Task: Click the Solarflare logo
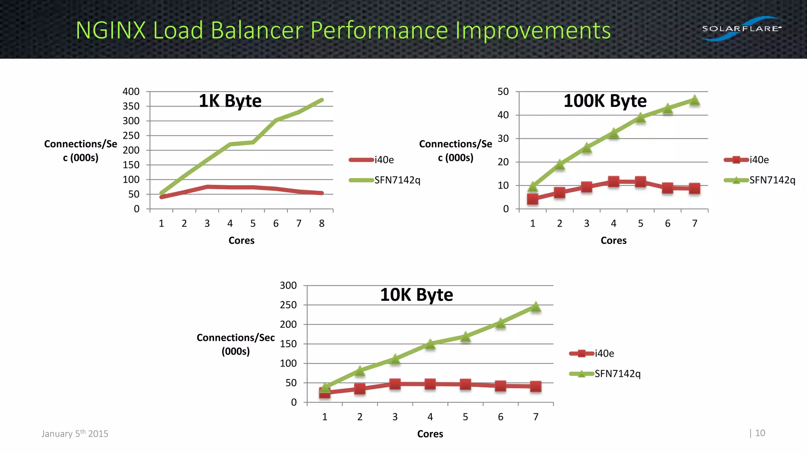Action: coord(741,29)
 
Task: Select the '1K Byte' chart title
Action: coord(230,101)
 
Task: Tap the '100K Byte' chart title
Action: coord(605,101)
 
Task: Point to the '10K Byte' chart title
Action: coord(417,295)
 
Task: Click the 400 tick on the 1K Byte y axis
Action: coord(131,91)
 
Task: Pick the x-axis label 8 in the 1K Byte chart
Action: coord(322,223)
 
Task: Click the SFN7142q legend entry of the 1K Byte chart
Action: coord(397,180)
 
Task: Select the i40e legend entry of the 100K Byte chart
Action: coord(759,160)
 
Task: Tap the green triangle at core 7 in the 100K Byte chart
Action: coord(695,100)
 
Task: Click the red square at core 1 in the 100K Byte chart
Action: coord(532,199)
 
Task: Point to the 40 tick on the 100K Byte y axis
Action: coord(503,115)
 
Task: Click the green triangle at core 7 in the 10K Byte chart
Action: coord(536,307)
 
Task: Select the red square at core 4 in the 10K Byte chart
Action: coord(430,384)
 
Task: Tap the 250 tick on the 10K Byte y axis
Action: coord(288,305)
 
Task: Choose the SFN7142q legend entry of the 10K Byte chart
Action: coord(617,374)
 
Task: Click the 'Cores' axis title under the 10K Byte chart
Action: coord(430,434)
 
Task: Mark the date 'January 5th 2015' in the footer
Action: coord(75,434)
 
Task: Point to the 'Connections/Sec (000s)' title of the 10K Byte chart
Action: coord(236,344)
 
